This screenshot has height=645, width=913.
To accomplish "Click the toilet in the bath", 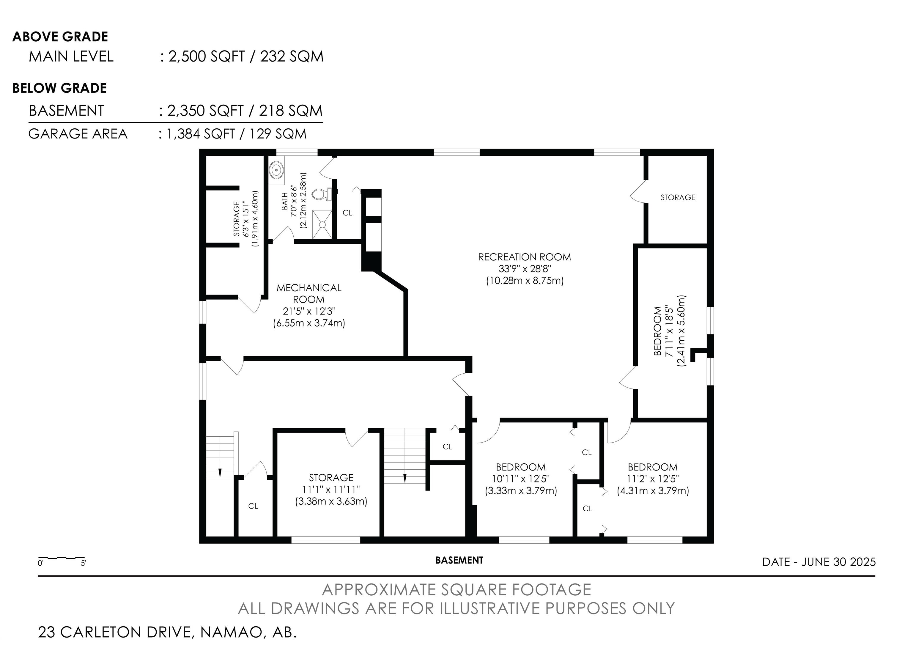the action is pos(320,194).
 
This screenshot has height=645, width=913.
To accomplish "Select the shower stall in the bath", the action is pos(322,225).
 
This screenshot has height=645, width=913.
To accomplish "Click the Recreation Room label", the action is pos(525,257).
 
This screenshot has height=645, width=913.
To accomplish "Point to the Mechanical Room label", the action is pos(309,293).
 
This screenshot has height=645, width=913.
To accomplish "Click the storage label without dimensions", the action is pos(678,197).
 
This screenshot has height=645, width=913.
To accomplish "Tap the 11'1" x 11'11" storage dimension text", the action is pos(331,489).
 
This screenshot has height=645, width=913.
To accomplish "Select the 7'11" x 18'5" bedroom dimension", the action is pos(669,331).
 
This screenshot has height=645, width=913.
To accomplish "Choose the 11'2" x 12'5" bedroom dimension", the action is pos(653,479).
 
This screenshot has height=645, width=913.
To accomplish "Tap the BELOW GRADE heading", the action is pos(60,88).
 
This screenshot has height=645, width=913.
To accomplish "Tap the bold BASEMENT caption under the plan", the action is pos(459,560).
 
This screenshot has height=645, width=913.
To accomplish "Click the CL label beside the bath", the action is pos(347,213).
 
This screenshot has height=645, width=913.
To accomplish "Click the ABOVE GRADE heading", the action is pos(60,37).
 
